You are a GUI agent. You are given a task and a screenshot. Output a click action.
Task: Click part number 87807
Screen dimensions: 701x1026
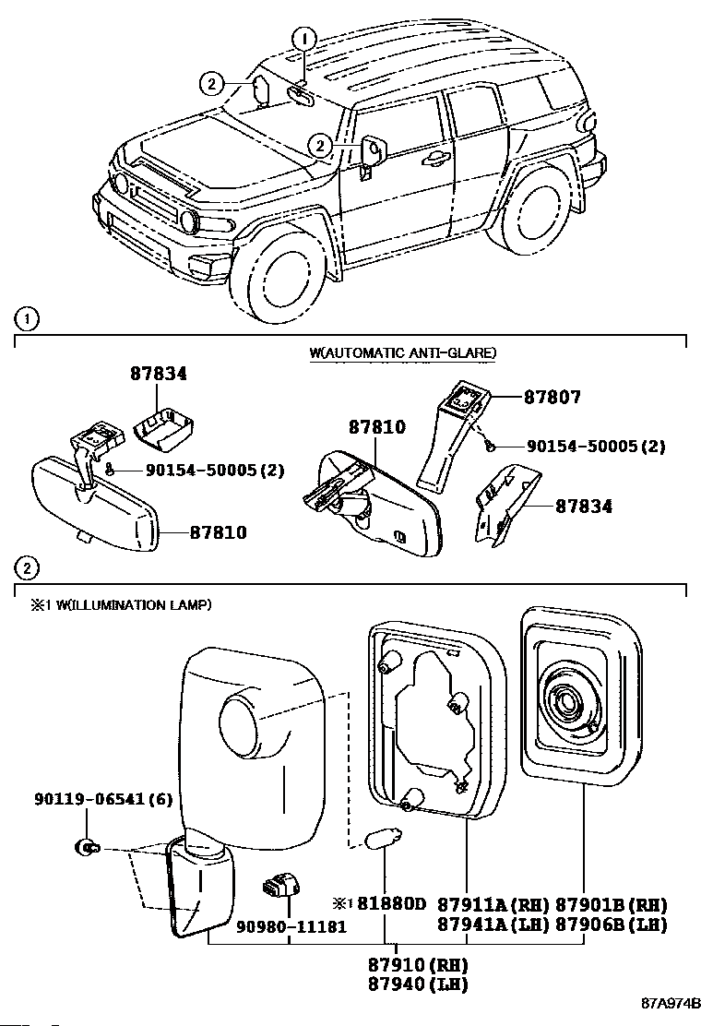(552, 397)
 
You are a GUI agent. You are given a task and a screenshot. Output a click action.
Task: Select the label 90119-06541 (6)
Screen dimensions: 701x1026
(103, 799)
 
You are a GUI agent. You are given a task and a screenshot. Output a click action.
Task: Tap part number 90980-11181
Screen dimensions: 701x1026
(291, 926)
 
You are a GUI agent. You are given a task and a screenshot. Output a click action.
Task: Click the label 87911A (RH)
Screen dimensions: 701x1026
(493, 904)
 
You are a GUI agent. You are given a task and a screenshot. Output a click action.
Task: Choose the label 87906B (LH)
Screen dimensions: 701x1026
(612, 924)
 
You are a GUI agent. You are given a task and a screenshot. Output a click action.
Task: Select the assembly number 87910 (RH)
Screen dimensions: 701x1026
(418, 964)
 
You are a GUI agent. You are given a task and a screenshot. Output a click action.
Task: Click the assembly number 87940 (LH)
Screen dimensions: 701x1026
(418, 984)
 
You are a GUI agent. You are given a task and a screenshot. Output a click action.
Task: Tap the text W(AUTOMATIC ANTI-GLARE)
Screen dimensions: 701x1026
(403, 352)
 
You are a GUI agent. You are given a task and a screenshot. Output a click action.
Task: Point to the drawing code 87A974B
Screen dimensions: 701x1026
(671, 1003)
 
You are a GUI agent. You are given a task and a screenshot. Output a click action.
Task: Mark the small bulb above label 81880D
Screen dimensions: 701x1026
(386, 838)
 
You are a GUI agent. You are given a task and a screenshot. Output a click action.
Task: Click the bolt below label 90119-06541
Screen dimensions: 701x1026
(87, 848)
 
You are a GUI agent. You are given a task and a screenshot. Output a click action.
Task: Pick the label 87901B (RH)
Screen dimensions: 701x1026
(612, 904)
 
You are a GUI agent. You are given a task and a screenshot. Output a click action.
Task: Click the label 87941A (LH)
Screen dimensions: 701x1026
(493, 924)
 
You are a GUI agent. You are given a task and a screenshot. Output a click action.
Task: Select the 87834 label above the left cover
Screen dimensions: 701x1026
(159, 373)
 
